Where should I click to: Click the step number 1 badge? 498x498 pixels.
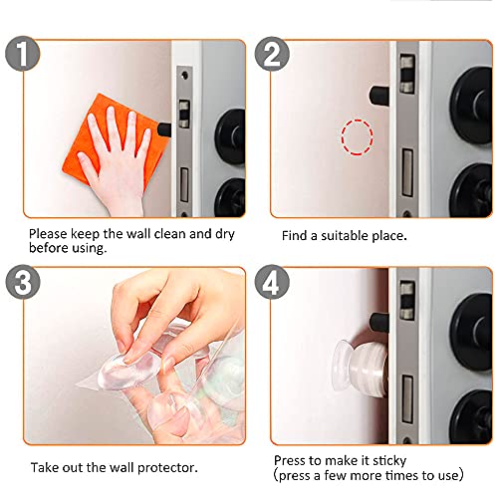(x=23, y=54)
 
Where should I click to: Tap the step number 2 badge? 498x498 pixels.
(x=272, y=54)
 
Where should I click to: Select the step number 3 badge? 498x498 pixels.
(x=23, y=282)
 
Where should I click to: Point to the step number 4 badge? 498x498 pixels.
(x=272, y=282)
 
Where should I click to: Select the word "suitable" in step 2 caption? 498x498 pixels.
(x=345, y=236)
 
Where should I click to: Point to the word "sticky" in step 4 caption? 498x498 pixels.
(x=389, y=461)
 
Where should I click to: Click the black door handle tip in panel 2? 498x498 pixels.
(x=378, y=96)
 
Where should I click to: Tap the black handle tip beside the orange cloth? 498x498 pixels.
(x=164, y=129)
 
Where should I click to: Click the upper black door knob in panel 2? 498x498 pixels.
(x=472, y=106)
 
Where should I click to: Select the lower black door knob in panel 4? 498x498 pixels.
(x=472, y=417)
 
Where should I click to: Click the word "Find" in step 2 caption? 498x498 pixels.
(x=295, y=236)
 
